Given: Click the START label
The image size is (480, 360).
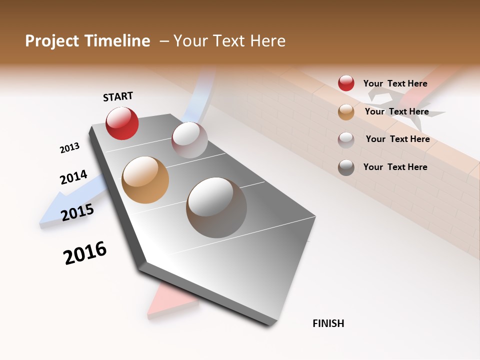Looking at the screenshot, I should point(118,96).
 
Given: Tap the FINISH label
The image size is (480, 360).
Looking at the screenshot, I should point(328,323).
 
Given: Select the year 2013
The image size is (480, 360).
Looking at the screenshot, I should point(69,148).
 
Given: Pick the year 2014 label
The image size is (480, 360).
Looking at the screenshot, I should point(73,177).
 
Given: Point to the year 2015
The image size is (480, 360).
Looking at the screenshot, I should point(77,212).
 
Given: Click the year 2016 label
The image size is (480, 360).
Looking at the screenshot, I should point(85,253).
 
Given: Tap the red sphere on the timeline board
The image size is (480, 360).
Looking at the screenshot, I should point(122,123).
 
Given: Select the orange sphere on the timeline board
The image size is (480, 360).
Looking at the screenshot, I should point(145,180).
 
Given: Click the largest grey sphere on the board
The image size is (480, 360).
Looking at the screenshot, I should point(216,207).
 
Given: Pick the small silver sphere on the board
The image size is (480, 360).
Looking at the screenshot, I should point(189,140).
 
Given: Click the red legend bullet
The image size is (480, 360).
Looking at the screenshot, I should point(346,83).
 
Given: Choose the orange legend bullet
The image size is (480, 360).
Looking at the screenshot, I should point(346,112).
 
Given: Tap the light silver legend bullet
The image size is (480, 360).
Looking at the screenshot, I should point(346,139).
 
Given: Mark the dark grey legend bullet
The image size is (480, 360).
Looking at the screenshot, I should point(346,167).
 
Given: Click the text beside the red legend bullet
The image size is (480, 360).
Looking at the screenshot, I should point(395,83).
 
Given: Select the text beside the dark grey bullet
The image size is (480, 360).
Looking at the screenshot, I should point(395,167).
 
